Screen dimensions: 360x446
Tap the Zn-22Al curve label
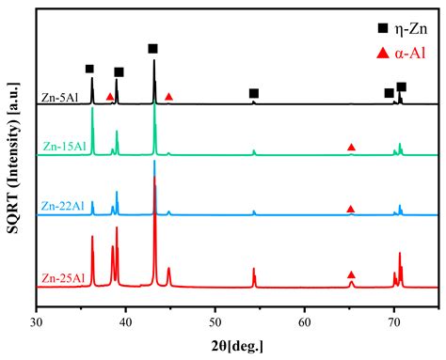[62, 206]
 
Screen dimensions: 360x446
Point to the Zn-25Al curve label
[62, 278]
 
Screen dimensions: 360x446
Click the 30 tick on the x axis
[36, 321]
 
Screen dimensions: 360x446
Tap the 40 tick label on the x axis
[126, 321]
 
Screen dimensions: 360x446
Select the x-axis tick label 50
[215, 321]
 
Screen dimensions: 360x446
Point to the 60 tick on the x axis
[305, 321]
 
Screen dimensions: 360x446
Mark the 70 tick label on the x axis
[394, 321]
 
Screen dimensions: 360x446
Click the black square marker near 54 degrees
[254, 93]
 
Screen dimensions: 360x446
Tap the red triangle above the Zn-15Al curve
[351, 148]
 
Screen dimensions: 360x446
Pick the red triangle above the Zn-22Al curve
[350, 209]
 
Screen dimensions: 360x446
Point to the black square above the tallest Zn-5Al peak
[153, 48]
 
